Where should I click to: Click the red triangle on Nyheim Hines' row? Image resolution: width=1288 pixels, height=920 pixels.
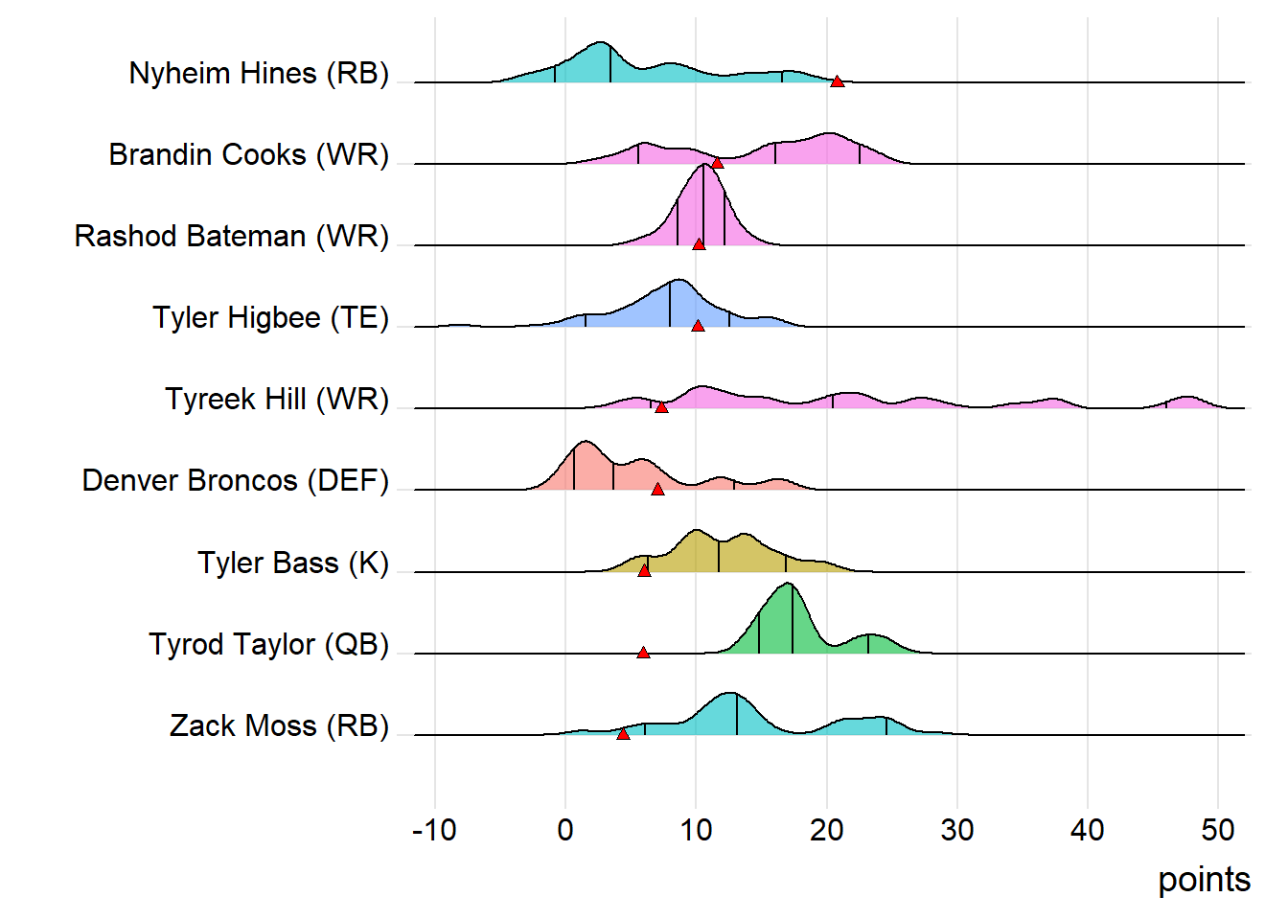pyautogui.click(x=837, y=81)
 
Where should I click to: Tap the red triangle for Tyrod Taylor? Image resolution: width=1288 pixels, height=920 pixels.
pyautogui.click(x=643, y=653)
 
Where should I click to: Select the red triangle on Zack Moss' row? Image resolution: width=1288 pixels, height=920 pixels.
pyautogui.click(x=623, y=734)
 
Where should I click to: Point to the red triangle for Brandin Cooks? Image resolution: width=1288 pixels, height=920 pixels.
pyautogui.click(x=717, y=163)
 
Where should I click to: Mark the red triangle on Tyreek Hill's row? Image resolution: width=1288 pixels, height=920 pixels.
pyautogui.click(x=661, y=407)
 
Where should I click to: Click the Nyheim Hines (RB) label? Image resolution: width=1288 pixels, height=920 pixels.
pyautogui.click(x=259, y=74)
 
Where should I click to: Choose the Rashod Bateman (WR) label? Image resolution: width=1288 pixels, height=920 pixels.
pyautogui.click(x=232, y=237)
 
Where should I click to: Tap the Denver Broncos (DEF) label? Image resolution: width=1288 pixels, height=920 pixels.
pyautogui.click(x=236, y=481)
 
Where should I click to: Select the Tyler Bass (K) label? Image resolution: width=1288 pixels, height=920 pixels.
pyautogui.click(x=293, y=563)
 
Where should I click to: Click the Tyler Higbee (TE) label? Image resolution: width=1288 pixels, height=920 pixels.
pyautogui.click(x=271, y=318)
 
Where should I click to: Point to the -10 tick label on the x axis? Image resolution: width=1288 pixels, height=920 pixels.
pyautogui.click(x=434, y=830)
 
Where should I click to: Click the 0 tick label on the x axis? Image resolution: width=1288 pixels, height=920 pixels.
pyautogui.click(x=565, y=830)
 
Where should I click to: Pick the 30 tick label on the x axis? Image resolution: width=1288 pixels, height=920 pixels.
pyautogui.click(x=956, y=830)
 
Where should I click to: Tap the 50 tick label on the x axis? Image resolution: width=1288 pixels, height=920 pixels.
pyautogui.click(x=1218, y=830)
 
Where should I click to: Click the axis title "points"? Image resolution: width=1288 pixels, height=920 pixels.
pyautogui.click(x=1204, y=880)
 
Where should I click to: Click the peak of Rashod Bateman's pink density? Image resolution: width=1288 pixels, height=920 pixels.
pyautogui.click(x=704, y=167)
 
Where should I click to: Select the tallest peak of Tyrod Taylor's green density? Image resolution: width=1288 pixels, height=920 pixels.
pyautogui.click(x=788, y=585)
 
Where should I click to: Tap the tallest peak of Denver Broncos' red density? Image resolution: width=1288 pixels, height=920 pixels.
pyautogui.click(x=584, y=443)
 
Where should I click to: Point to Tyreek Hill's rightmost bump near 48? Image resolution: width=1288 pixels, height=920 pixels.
pyautogui.click(x=1187, y=398)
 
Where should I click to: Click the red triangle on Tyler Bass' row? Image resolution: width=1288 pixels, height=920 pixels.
pyautogui.click(x=644, y=570)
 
